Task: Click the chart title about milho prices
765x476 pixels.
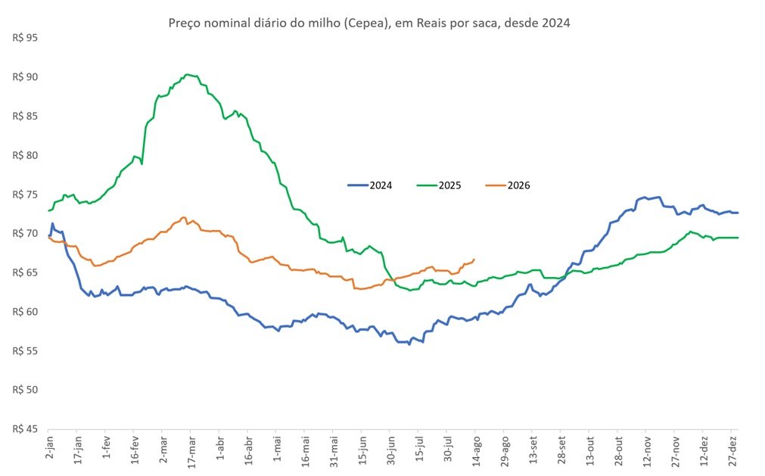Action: pyautogui.click(x=369, y=23)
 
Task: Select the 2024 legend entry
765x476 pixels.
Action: pyautogui.click(x=370, y=185)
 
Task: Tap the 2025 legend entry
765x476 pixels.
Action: pyautogui.click(x=439, y=185)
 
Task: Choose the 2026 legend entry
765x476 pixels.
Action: pyautogui.click(x=508, y=185)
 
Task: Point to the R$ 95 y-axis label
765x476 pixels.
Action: pyautogui.click(x=25, y=38)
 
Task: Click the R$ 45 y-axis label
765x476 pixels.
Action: pyautogui.click(x=25, y=429)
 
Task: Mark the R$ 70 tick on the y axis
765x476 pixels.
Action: pyautogui.click(x=25, y=234)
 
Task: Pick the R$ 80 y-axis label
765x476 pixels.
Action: pyautogui.click(x=25, y=156)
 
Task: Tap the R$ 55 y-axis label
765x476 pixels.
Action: pyautogui.click(x=25, y=351)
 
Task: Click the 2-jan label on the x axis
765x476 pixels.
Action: pyautogui.click(x=49, y=448)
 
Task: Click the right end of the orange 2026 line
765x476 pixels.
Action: pyautogui.click(x=474, y=260)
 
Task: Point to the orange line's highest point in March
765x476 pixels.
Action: pyautogui.click(x=184, y=217)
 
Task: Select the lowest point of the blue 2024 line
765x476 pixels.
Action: pyautogui.click(x=409, y=344)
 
